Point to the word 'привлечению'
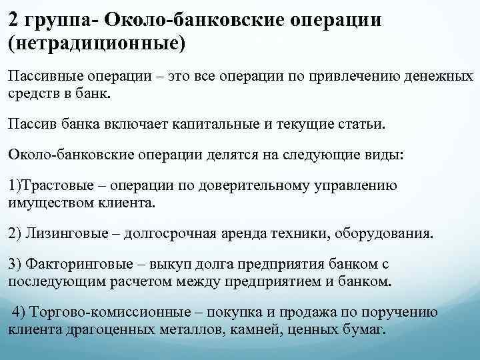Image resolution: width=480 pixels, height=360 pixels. (x=344, y=77)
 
